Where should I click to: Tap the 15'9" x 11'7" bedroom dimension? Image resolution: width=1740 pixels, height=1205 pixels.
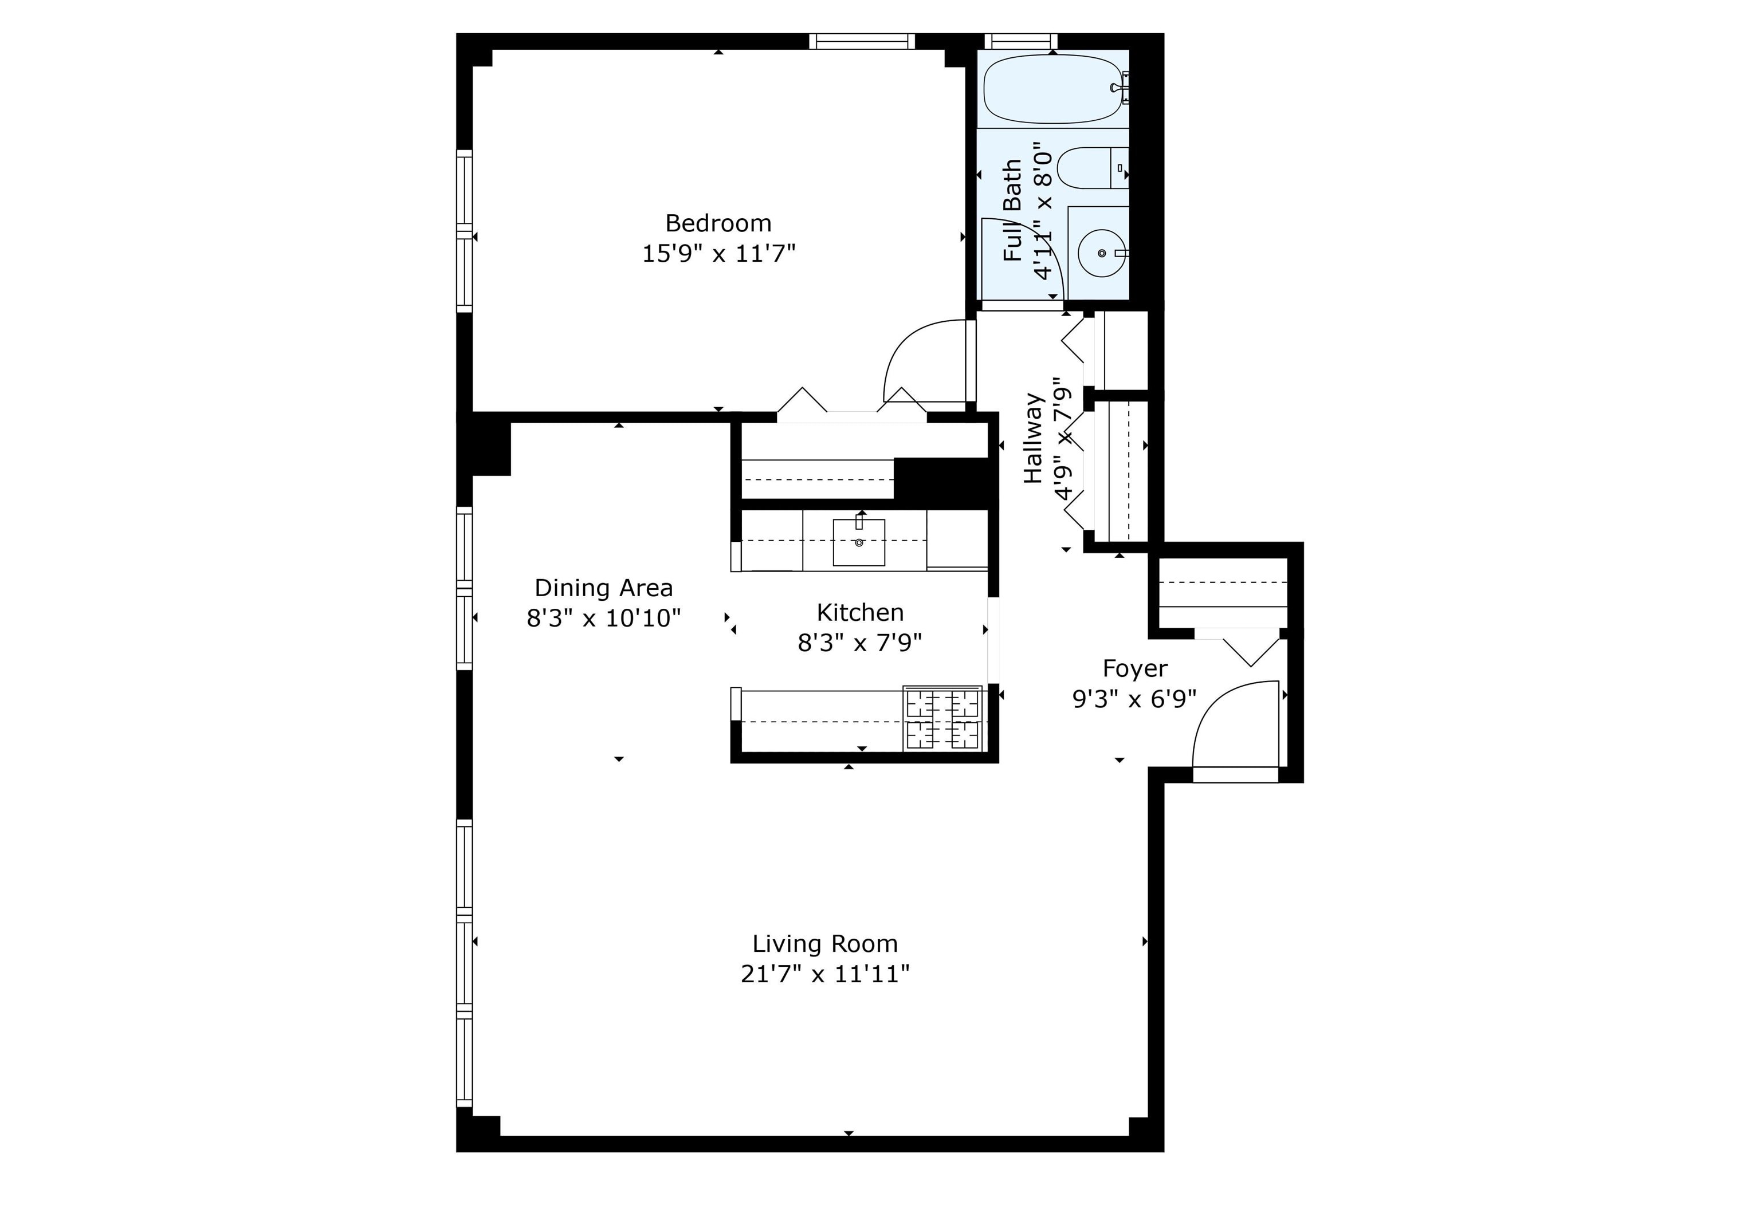(718, 254)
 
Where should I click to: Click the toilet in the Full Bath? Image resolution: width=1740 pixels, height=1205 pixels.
(1092, 168)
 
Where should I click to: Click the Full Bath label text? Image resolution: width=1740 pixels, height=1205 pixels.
(1012, 211)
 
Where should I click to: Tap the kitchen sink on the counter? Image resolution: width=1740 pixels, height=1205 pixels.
(859, 541)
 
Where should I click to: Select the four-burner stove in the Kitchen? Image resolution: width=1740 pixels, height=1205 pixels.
(942, 718)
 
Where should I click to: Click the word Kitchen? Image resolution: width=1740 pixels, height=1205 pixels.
(860, 612)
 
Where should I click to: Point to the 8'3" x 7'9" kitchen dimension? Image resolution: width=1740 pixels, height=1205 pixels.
(860, 643)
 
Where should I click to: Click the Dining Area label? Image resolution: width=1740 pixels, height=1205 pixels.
(603, 588)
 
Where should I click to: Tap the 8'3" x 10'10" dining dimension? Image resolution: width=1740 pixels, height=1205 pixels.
(603, 619)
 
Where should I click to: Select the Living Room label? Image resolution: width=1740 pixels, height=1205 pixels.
(824, 944)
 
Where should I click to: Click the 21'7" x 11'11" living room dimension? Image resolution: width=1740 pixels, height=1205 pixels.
(824, 975)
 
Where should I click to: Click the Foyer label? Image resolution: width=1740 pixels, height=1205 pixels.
(1135, 669)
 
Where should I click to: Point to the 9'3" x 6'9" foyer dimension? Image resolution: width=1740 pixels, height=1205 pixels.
(1135, 699)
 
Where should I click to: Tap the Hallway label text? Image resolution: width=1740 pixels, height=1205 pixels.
(1032, 439)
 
